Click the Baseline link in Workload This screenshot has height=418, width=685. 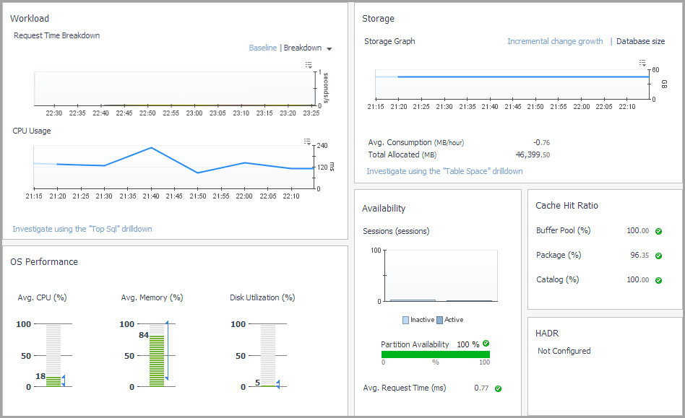point(262,48)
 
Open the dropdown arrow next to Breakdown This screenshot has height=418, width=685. point(329,49)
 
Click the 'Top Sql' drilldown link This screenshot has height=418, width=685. point(82,229)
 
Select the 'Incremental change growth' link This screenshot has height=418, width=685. point(555,41)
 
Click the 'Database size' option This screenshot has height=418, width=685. point(640,41)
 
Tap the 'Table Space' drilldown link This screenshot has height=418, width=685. point(444,171)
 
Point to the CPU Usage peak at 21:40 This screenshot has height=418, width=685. point(151,147)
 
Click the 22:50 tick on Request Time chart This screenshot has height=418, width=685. point(147,113)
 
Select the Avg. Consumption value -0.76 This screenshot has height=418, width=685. point(540,142)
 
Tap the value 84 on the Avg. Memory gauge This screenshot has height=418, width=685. point(144,335)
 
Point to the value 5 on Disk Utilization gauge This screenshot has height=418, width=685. point(258,383)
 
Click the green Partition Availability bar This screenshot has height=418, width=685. point(435,354)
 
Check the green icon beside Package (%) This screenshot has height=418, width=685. point(658,256)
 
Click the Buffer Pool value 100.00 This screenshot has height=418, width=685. point(638,231)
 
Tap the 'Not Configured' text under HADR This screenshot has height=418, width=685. point(564,351)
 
